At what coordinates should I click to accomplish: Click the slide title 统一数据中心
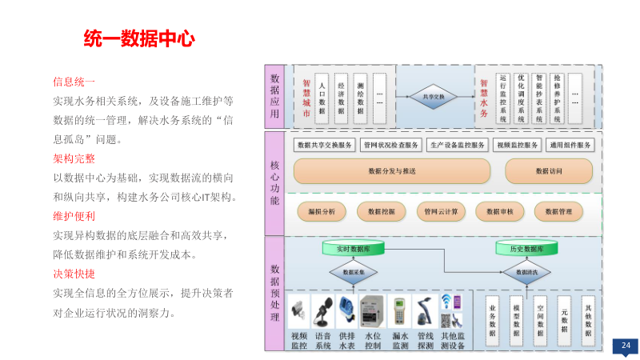pos(140,38)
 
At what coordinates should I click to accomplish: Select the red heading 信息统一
pos(74,82)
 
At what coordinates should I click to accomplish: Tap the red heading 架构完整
pos(74,158)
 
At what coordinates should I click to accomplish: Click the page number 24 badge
pos(626,346)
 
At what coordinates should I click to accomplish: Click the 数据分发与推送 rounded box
pos(391,171)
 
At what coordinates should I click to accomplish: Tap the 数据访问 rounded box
pos(549,171)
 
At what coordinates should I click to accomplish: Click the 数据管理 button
pos(558,211)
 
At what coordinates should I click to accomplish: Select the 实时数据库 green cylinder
pos(353,249)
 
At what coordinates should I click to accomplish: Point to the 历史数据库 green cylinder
pos(526,249)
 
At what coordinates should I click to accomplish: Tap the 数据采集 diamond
pos(353,273)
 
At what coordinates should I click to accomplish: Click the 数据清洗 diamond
pos(526,273)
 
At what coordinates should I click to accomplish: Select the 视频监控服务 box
pos(516,146)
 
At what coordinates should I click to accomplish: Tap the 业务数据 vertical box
pos(492,321)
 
